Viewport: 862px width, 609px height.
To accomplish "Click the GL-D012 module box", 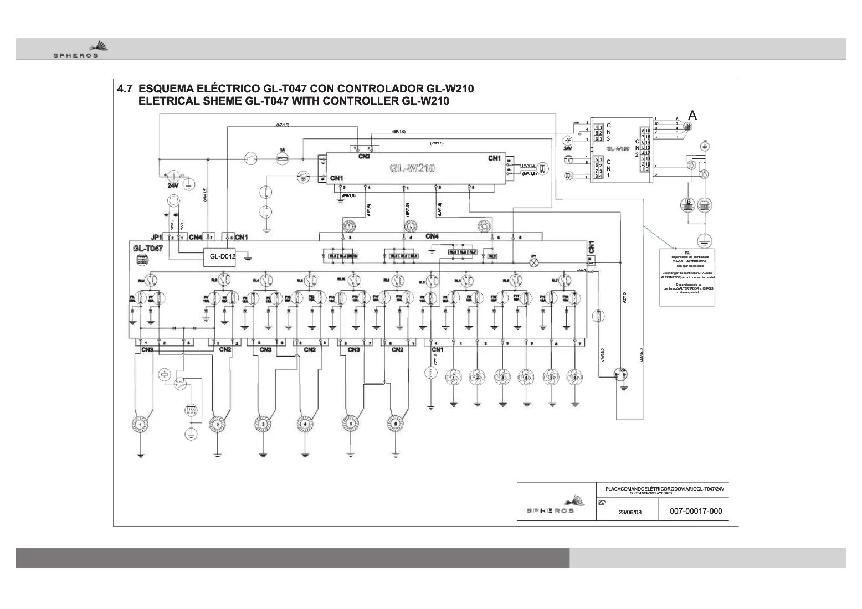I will pos(223,256).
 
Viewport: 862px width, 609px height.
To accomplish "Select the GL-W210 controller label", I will pos(412,168).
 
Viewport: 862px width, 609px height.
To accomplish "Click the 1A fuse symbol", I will pos(283,159).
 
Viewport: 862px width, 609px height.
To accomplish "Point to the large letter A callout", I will pos(692,115).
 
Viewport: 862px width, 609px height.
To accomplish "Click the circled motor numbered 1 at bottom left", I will pos(141,425).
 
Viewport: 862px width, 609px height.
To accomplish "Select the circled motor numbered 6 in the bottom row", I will pos(394,424).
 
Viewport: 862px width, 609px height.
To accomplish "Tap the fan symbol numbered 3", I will pos(502,378).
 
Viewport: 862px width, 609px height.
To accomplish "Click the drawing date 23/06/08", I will pos(629,512).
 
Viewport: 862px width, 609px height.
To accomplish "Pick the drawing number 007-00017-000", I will pos(696,511).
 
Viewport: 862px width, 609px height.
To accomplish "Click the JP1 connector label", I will pos(157,238).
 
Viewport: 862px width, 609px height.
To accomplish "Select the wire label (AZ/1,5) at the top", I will pos(282,125).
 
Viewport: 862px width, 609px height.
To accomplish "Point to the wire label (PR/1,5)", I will pos(348,195).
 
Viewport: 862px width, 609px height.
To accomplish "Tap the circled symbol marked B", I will pos(688,204).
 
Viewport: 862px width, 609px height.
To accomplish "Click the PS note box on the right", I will pos(687,277).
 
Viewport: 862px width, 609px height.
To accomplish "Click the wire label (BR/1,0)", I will pos(399,132).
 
